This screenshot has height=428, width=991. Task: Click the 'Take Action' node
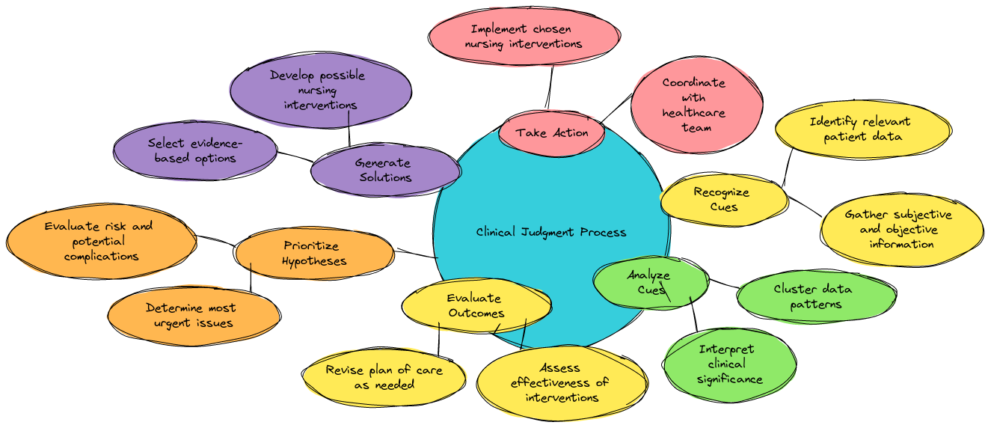coord(551,133)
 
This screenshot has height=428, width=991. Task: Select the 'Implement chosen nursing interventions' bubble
coord(524,37)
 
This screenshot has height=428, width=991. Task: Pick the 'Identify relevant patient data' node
coord(862,129)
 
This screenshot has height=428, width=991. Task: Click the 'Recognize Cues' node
coord(723,199)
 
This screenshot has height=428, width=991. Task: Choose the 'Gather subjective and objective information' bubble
coord(901,229)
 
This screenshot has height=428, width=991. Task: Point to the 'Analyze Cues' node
coord(649,281)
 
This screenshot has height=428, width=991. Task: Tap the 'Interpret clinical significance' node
coord(729,364)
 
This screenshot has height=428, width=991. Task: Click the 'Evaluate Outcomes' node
coord(476,306)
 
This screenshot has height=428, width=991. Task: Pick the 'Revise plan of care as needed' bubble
coord(384,377)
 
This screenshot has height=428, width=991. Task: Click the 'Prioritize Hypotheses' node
coord(314,253)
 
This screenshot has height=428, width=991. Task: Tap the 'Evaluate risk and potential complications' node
coord(100,241)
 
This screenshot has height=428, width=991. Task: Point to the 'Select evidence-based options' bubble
coord(195,150)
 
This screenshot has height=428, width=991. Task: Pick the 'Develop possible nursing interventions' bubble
coord(320,90)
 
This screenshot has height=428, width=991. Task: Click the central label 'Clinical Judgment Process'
coord(551,232)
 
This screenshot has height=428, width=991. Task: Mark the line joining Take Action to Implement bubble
coord(549,87)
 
